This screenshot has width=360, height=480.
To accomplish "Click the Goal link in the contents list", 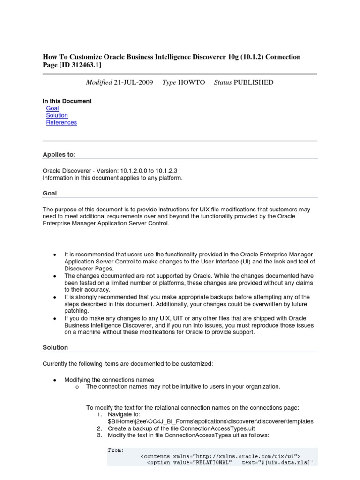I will [52, 108].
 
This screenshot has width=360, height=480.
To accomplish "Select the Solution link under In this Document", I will [57, 115].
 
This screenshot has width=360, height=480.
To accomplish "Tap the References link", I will [61, 122].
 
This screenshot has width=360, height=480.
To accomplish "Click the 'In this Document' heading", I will [67, 101].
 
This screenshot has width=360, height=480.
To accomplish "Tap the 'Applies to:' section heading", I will [59, 154].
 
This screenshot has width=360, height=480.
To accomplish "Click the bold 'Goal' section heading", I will [50, 193].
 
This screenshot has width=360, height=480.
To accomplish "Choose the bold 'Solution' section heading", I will [55, 347].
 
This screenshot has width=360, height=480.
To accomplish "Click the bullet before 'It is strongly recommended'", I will [55, 297].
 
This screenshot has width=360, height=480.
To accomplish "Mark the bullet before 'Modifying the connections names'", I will [55, 380].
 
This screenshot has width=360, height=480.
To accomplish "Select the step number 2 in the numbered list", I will [99, 428].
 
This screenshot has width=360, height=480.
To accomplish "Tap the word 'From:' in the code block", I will [116, 450].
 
